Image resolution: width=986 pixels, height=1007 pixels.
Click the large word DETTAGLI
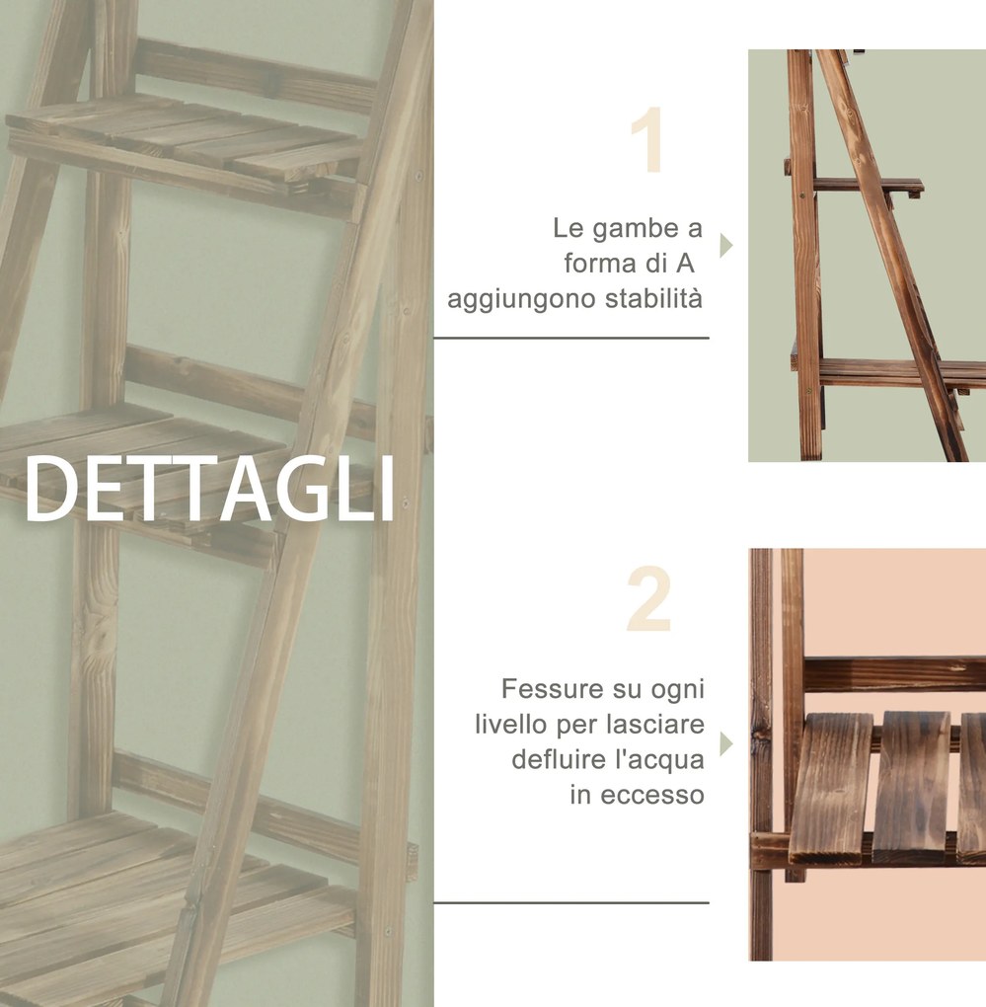tap(209, 488)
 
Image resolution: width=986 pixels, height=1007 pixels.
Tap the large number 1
tap(647, 139)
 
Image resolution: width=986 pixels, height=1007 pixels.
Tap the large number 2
tap(649, 598)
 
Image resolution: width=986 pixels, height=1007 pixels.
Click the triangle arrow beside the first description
tap(726, 245)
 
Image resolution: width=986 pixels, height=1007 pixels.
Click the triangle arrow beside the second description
tap(726, 744)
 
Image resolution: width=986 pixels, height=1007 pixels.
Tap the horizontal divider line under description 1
tap(571, 338)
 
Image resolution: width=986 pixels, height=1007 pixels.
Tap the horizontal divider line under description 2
tap(571, 903)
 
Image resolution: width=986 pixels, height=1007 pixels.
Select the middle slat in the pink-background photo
tap(912, 788)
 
